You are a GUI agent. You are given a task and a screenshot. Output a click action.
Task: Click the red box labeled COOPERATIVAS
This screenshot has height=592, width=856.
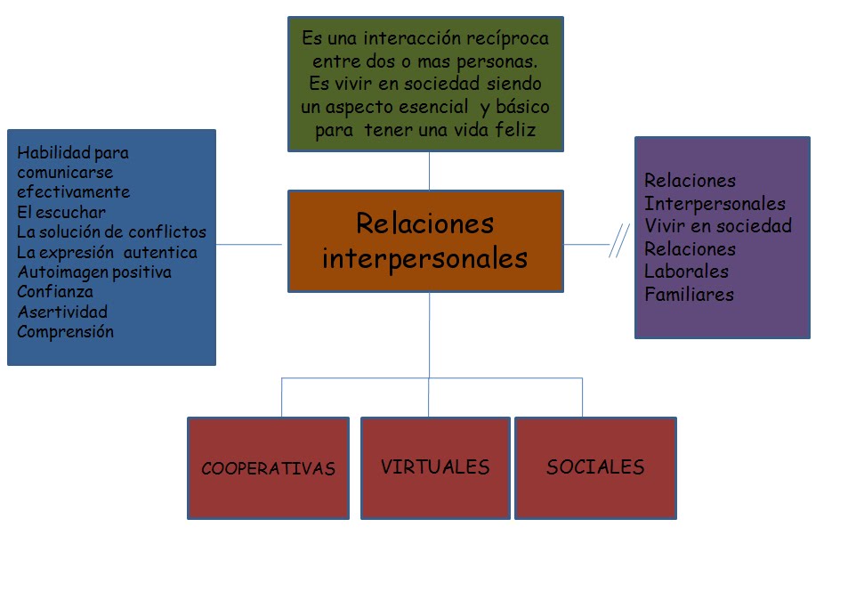(x=268, y=468)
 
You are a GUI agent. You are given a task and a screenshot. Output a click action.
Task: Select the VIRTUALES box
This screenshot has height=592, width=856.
(x=435, y=467)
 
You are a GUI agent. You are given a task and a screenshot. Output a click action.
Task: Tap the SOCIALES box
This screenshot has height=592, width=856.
(x=595, y=467)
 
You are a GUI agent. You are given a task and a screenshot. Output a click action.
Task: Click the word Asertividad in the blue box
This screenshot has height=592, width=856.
(x=62, y=312)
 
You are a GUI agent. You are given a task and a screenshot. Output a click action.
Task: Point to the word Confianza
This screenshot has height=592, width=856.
(x=55, y=292)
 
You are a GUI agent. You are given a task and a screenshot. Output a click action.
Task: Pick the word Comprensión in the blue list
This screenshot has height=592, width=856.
(x=66, y=332)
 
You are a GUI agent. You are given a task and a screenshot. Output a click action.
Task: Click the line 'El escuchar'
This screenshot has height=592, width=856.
(x=61, y=212)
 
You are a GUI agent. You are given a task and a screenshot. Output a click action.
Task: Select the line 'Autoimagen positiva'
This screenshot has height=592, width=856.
(x=94, y=272)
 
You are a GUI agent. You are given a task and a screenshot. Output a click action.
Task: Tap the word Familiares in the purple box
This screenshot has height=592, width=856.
(x=690, y=294)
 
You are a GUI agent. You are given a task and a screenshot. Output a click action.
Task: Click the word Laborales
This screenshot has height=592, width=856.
(x=686, y=271)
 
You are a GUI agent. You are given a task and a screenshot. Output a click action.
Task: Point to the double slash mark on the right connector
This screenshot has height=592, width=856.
(x=619, y=241)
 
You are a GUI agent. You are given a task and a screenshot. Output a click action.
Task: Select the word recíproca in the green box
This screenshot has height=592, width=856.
(x=510, y=39)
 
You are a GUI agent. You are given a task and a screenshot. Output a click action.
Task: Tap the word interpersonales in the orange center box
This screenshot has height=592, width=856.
(x=424, y=258)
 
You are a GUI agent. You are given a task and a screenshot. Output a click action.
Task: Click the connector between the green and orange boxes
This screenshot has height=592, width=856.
(x=430, y=170)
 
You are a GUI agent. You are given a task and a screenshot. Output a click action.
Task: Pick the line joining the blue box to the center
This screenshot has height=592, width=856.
(x=249, y=243)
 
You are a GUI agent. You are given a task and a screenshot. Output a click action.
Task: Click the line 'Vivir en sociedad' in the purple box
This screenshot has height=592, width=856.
(x=718, y=225)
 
